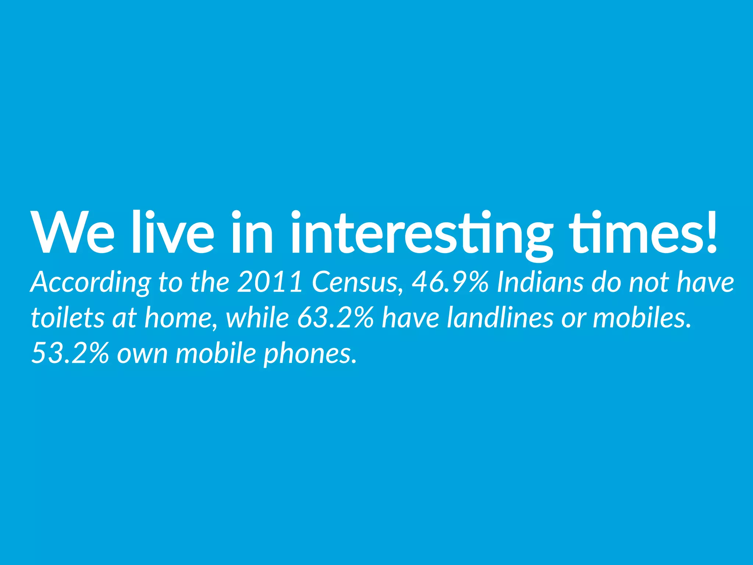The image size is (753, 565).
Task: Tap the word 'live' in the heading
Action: pyautogui.click(x=172, y=232)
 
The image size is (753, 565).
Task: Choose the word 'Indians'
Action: pyautogui.click(x=540, y=282)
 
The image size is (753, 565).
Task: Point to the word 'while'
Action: pyautogui.click(x=257, y=318)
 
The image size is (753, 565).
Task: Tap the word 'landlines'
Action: pyautogui.click(x=500, y=318)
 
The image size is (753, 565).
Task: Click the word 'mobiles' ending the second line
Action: pyautogui.click(x=642, y=318)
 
